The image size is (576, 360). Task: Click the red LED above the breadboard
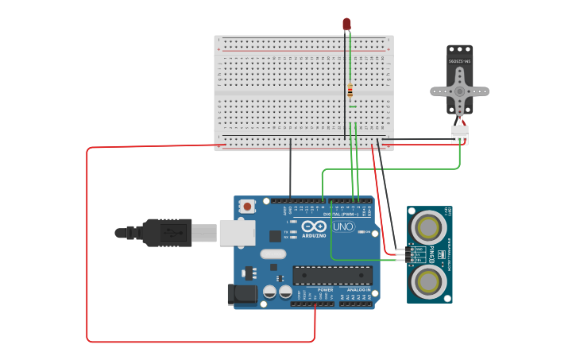pos(346,24)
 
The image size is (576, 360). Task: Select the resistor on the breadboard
pos(350,91)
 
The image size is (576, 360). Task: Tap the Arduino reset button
pos(247,207)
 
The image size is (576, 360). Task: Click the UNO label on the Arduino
pos(342,226)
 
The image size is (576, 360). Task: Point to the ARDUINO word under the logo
pos(314,235)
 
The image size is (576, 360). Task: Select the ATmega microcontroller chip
pos(332,275)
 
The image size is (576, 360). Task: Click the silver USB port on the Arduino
pos(237,232)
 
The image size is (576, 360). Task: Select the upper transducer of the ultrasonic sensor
pos(429,227)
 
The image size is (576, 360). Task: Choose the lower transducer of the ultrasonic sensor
pos(429,280)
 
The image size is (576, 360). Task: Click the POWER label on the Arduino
pos(326,290)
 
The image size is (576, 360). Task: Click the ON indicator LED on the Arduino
pos(360,232)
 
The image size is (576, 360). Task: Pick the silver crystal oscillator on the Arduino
pos(272,254)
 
